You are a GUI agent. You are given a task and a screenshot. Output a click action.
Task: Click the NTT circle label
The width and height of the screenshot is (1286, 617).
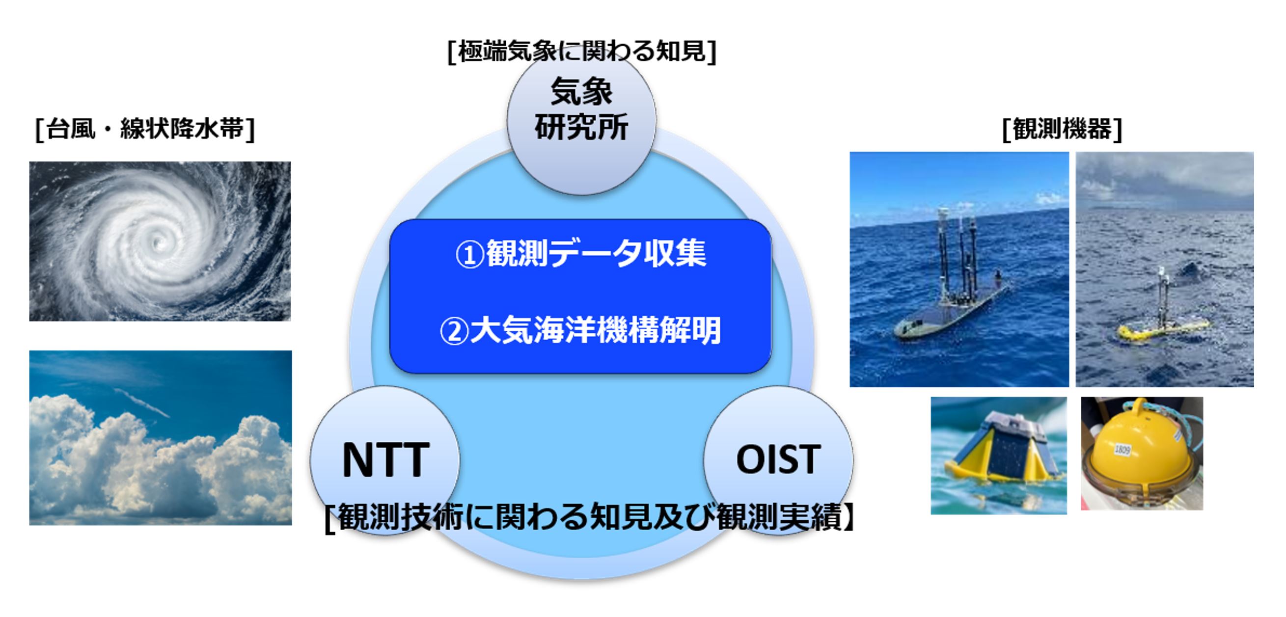point(385,460)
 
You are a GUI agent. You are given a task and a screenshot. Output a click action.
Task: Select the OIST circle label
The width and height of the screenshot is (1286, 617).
point(778,459)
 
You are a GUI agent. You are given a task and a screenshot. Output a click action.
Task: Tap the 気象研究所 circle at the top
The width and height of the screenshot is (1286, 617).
point(581,121)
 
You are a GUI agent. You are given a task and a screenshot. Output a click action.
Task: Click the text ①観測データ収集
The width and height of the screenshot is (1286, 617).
point(581,253)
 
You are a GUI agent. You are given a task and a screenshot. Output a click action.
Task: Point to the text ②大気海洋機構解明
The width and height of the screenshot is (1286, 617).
point(580,330)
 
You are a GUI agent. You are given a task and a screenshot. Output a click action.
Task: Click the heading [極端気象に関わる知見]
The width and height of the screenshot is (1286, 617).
point(581,51)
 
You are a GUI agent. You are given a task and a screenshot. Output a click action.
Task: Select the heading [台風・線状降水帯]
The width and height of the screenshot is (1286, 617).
point(145,129)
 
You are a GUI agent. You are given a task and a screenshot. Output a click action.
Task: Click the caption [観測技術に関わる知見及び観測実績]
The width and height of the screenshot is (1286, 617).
point(590,517)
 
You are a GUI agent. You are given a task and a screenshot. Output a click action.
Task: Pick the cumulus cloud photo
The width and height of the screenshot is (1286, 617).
point(160,438)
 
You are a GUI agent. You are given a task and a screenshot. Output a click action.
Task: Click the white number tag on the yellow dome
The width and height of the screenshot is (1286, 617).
point(1122,450)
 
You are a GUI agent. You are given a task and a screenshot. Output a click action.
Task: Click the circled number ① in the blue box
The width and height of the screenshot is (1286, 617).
point(469,255)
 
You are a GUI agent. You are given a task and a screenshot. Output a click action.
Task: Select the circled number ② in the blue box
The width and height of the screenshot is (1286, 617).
point(454,331)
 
